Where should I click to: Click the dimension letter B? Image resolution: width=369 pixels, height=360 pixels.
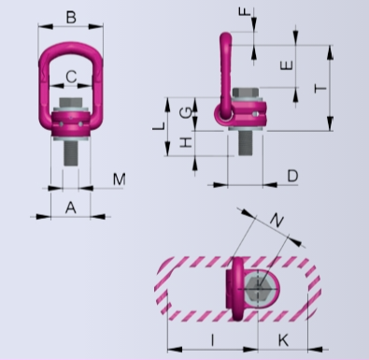coord(71,17)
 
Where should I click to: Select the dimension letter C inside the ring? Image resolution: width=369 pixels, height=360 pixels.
coord(71,77)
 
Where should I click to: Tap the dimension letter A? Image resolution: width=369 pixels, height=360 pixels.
coord(71,208)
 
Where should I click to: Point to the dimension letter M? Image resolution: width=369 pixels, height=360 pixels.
coord(119,180)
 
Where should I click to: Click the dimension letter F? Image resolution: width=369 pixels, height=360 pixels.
coord(245,12)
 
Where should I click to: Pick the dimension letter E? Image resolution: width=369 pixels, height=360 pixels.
coord(287,65)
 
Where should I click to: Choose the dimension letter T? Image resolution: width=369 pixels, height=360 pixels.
coord(320,89)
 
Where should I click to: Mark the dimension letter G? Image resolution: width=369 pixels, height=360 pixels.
coord(186,112)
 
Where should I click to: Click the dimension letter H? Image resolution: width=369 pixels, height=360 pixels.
coord(186,142)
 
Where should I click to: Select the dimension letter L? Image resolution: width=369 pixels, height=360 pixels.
coord(159,126)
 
